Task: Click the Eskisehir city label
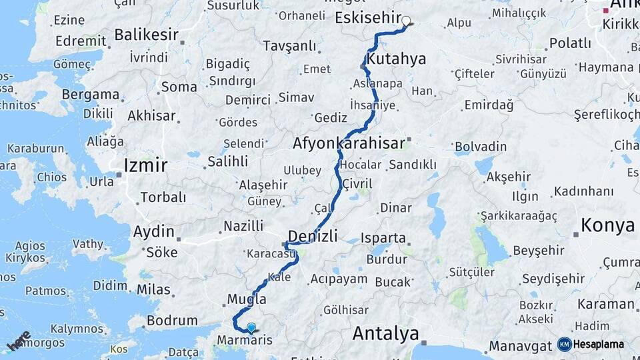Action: point(368,17)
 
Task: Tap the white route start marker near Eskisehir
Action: point(405,21)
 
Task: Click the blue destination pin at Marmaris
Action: point(251,327)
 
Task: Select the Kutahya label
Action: point(397,59)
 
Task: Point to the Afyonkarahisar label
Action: point(349,143)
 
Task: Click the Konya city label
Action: point(607,225)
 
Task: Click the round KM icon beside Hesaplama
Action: point(564,344)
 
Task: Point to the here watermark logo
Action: point(19,341)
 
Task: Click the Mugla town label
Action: point(247,299)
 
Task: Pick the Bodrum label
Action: point(172,321)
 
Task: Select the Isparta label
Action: point(383,237)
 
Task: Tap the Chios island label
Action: point(51,177)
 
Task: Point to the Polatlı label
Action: point(569,43)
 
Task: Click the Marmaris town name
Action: point(245,341)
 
